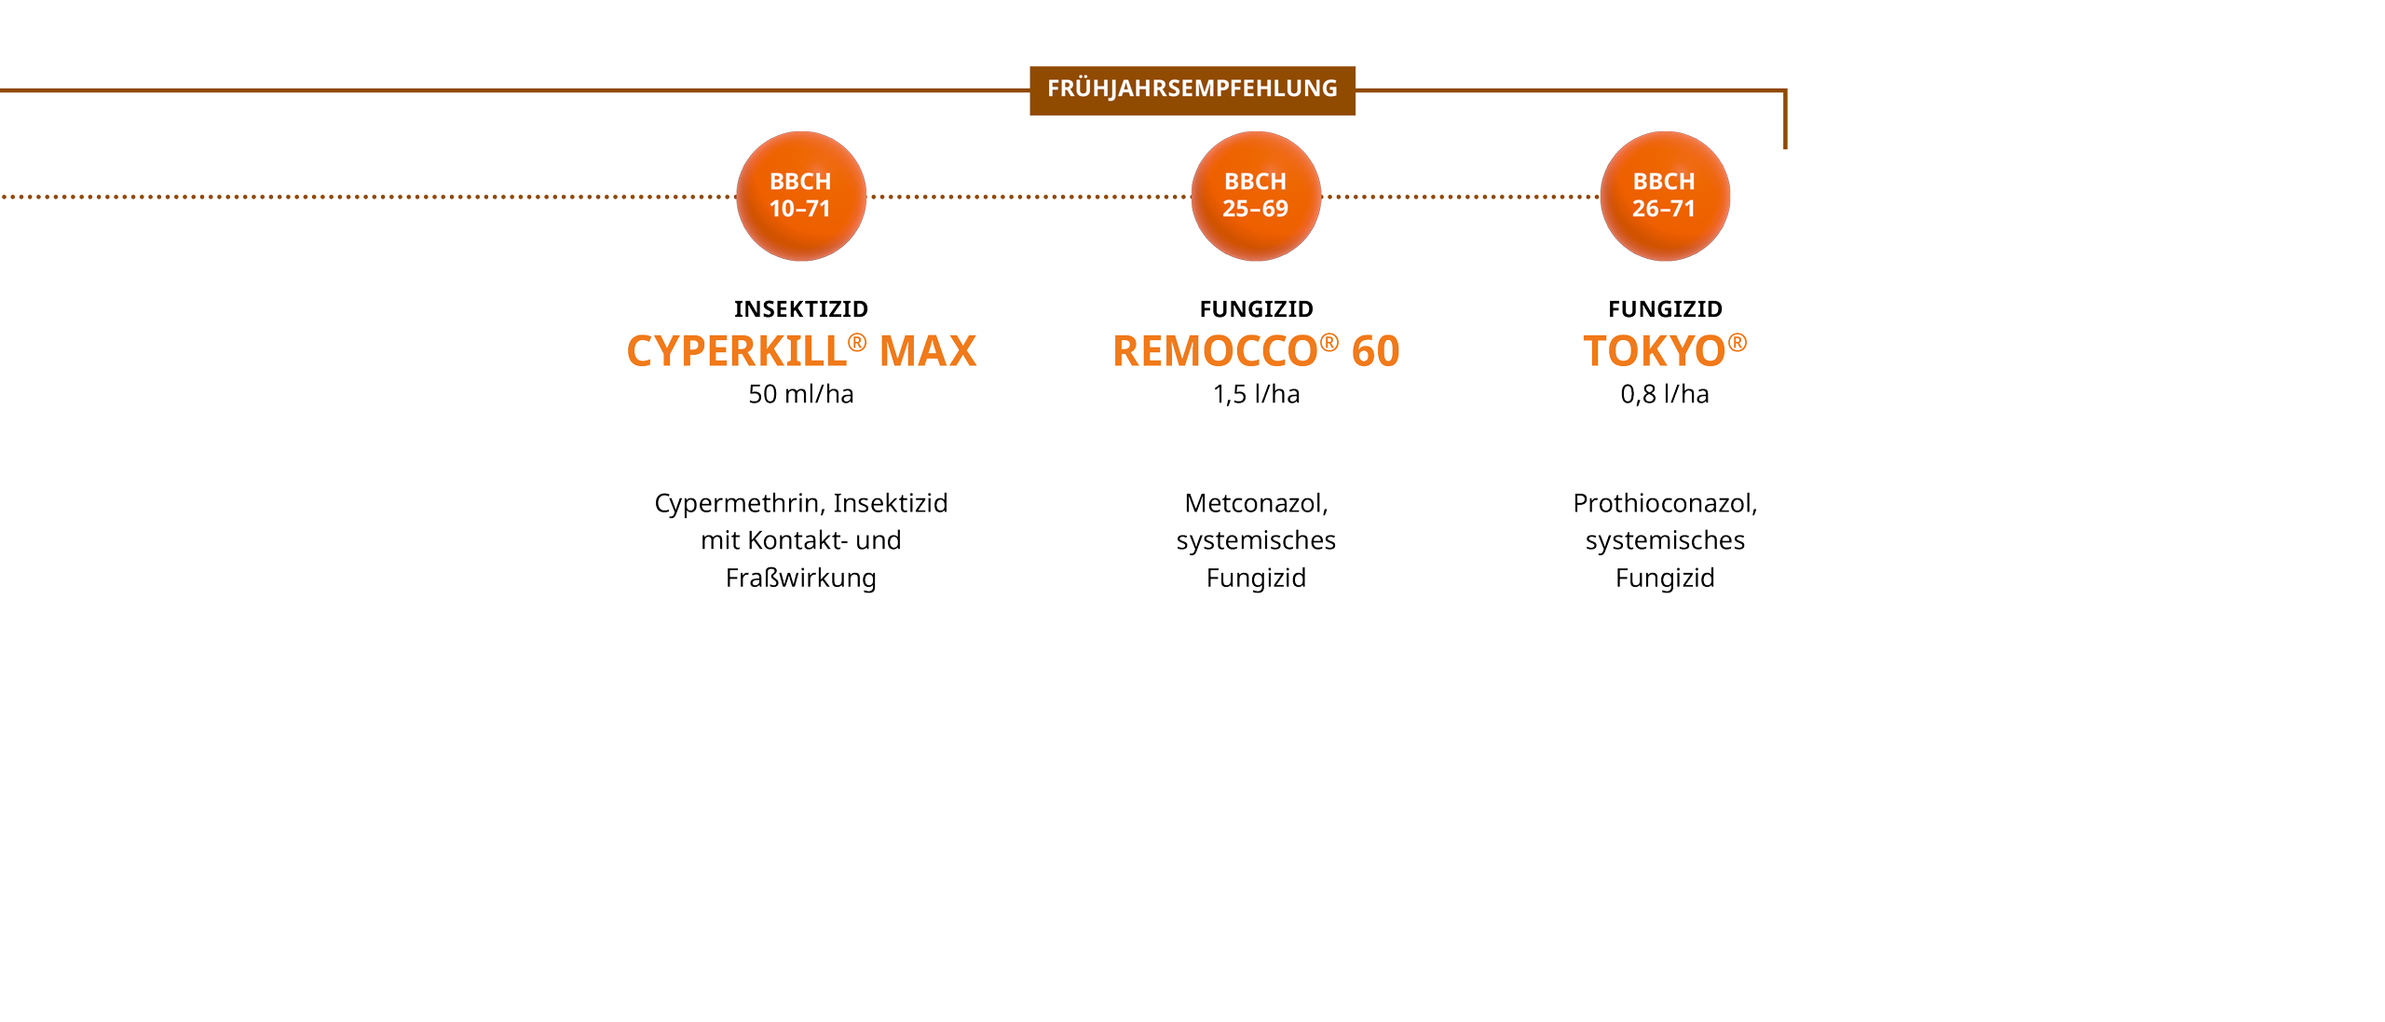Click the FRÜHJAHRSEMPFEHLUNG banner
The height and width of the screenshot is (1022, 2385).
[x=1192, y=89]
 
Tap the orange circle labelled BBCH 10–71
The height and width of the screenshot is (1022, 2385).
[x=800, y=196]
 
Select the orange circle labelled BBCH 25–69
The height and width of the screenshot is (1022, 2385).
[x=1255, y=196]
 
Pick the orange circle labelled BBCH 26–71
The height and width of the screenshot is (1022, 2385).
[x=1664, y=196]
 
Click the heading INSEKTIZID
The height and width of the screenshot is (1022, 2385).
[x=800, y=309]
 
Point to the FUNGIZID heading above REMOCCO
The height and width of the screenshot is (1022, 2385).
[x=1256, y=309]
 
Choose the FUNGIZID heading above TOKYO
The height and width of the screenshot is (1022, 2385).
[x=1665, y=309]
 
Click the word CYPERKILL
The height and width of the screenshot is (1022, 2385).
[x=736, y=352]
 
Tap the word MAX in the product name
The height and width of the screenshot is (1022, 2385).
[x=928, y=352]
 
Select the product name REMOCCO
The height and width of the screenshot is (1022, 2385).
[x=1215, y=352]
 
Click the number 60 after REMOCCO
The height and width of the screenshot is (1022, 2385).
[x=1375, y=352]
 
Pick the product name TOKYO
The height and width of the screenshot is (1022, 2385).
[x=1654, y=352]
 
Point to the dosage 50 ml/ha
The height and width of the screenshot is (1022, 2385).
[x=800, y=395]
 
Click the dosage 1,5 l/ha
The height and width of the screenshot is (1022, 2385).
[x=1256, y=395]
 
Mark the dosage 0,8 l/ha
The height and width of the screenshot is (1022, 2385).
[x=1664, y=395]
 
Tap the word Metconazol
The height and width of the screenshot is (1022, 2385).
[x=1254, y=504]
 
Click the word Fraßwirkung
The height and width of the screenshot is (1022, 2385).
[x=800, y=579]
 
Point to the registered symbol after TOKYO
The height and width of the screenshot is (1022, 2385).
[x=1737, y=343]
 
